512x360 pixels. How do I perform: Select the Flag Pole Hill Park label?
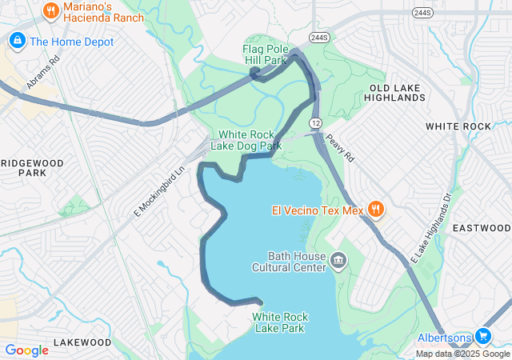coord(264,54)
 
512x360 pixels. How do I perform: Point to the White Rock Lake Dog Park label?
coord(246,140)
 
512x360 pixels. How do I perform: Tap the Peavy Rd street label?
coord(339,147)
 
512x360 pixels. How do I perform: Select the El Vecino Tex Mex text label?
coord(317,211)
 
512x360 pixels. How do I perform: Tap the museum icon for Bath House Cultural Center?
coord(338,261)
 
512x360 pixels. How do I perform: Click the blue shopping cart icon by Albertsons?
coord(482,336)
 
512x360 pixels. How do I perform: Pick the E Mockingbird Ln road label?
coord(159,190)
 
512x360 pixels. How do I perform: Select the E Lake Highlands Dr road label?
coord(431,228)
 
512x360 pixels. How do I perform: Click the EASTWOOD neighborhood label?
coord(481,228)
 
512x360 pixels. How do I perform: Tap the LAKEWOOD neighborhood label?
coord(82,342)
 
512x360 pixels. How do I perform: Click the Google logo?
coord(26,350)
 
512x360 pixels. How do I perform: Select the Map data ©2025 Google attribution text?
coord(462,354)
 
